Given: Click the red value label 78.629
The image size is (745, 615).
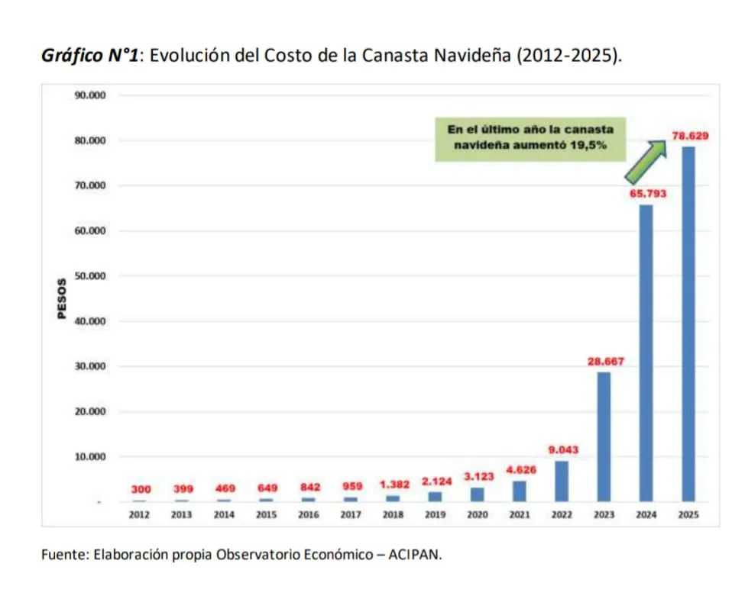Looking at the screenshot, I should pyautogui.click(x=690, y=136).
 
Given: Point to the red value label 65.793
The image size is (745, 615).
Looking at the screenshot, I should pyautogui.click(x=647, y=194).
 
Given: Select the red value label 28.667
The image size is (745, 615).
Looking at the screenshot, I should pyautogui.click(x=605, y=362).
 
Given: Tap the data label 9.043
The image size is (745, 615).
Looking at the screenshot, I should pyautogui.click(x=563, y=450).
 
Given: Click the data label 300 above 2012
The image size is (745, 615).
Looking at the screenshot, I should pyautogui.click(x=140, y=488).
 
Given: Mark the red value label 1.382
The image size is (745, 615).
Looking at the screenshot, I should pyautogui.click(x=394, y=485).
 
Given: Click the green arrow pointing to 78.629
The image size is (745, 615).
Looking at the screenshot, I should pyautogui.click(x=645, y=160).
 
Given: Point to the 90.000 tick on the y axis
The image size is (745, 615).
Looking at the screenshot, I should pyautogui.click(x=90, y=95).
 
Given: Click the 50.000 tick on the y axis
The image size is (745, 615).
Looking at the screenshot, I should pyautogui.click(x=90, y=276).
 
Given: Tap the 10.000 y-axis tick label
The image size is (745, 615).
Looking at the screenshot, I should pyautogui.click(x=90, y=457).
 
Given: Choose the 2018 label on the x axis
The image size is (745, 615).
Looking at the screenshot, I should pyautogui.click(x=393, y=515).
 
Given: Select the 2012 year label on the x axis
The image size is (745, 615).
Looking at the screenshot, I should pyautogui.click(x=138, y=515).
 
